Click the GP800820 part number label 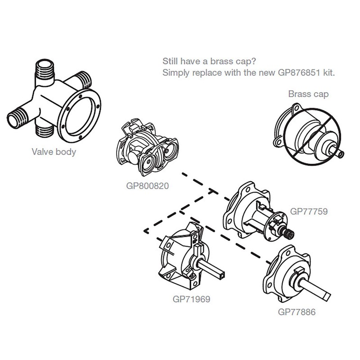(x=147, y=185)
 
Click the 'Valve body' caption (x=54, y=152)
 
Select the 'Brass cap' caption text (x=308, y=94)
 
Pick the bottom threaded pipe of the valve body (x=45, y=131)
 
